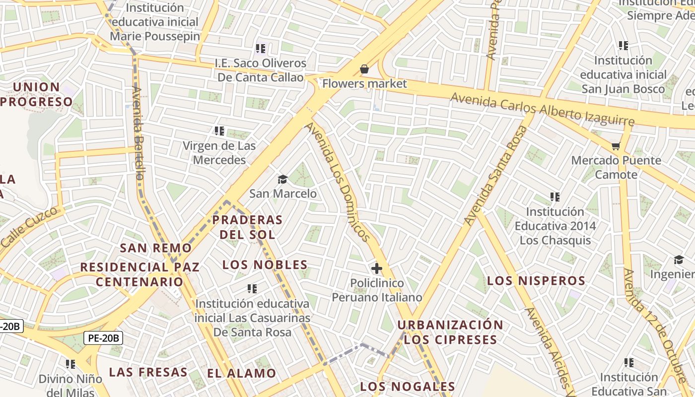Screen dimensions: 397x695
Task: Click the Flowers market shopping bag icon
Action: [364, 69]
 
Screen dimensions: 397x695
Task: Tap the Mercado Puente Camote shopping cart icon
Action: [616, 146]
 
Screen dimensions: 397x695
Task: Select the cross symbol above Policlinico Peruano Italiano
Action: [377, 269]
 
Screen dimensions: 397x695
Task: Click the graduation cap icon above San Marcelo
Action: [282, 179]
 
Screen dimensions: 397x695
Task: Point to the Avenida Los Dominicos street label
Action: [338, 182]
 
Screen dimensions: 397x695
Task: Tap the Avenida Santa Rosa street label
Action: [495, 175]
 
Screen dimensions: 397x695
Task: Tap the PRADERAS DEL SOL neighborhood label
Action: [247, 227]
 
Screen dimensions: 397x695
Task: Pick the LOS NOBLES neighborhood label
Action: [265, 265]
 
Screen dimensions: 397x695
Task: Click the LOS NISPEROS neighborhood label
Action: [536, 281]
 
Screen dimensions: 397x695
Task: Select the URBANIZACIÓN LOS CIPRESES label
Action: [450, 332]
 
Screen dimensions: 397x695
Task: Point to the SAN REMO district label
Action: [156, 248]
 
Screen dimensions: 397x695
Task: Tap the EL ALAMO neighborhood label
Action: [242, 373]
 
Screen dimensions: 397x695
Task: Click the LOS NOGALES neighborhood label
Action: [407, 387]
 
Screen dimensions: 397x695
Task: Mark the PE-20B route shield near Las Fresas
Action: [103, 338]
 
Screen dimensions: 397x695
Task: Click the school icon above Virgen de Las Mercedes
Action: [219, 131]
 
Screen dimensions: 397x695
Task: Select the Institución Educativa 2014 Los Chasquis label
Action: [555, 226]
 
